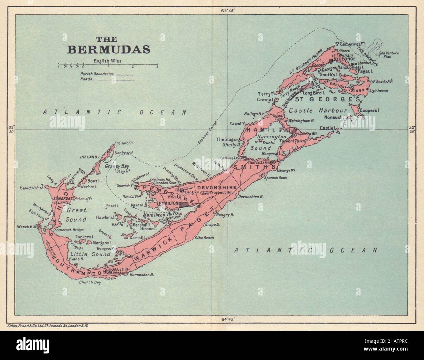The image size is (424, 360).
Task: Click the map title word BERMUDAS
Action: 109,50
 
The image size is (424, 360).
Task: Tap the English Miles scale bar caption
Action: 107,61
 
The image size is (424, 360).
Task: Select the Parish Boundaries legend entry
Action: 97,74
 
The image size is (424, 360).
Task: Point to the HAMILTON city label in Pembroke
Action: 168,203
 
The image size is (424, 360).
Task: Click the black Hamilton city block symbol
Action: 184,203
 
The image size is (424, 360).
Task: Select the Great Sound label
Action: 77,215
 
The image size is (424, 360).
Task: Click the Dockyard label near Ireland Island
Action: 123,152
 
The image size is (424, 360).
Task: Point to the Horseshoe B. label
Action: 142,275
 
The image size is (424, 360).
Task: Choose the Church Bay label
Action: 90,283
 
